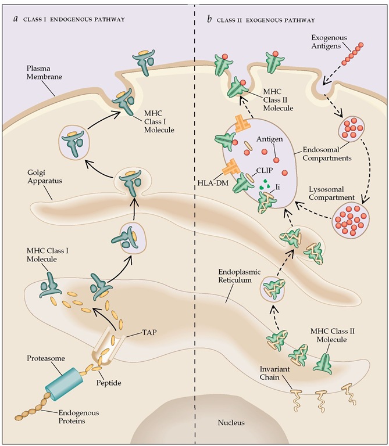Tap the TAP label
click(x=149, y=333)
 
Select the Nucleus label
click(x=231, y=422)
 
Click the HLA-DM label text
click(x=213, y=183)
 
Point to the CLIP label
click(x=265, y=170)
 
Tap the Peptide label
click(x=109, y=383)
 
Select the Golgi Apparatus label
click(x=45, y=177)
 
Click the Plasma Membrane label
click(x=44, y=73)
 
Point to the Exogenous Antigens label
click(x=329, y=42)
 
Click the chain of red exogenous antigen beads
click(x=352, y=53)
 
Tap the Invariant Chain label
click(x=274, y=373)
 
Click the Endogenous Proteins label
click(x=78, y=417)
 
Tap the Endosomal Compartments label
click(x=327, y=154)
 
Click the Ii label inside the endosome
click(x=278, y=187)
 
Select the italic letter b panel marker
click(x=209, y=19)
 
